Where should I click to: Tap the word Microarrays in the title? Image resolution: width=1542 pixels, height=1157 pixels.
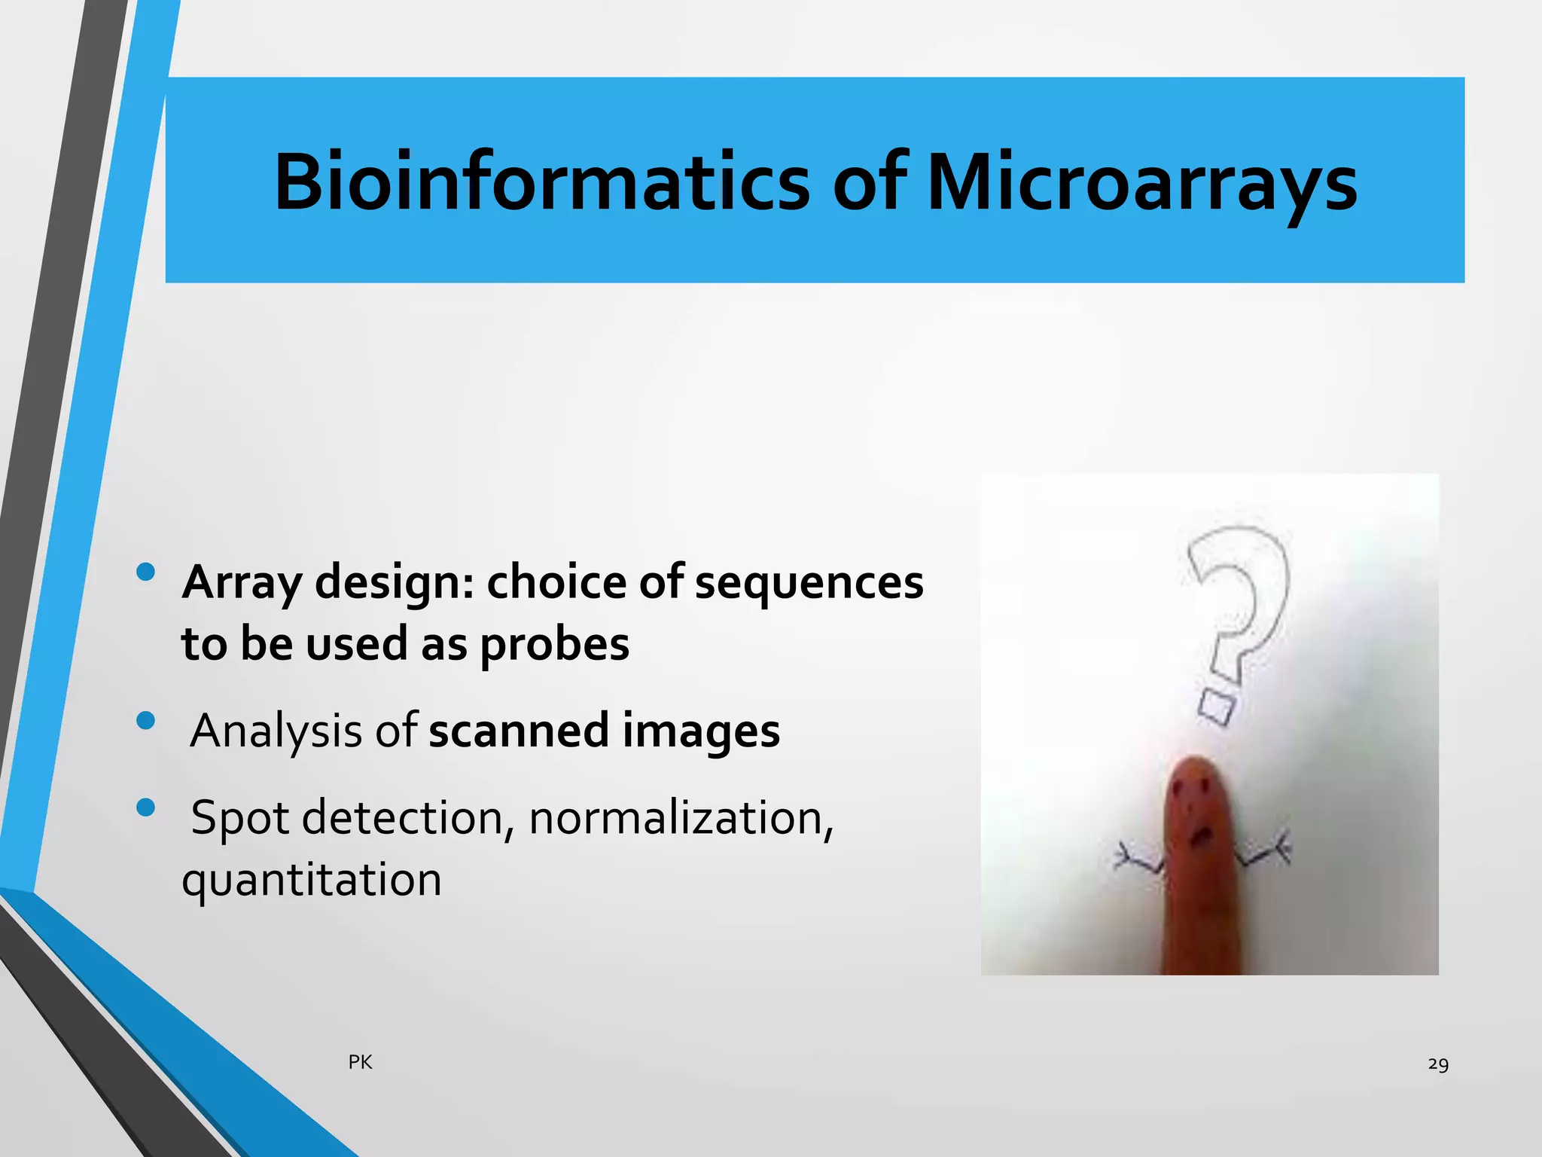pos(1141,182)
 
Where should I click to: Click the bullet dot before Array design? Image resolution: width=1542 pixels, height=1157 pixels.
pos(146,573)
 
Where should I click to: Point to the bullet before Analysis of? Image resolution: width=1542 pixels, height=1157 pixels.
pos(146,722)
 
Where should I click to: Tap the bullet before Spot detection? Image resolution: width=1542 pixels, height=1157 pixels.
pos(146,808)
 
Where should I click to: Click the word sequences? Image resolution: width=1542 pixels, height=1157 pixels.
pos(809,582)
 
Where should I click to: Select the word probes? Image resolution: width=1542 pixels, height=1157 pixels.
pos(554,645)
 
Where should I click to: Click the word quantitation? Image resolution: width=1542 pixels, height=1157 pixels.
pos(312,880)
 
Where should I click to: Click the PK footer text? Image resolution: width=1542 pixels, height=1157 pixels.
pos(360,1062)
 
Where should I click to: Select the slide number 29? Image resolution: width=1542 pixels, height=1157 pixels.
pos(1437,1064)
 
